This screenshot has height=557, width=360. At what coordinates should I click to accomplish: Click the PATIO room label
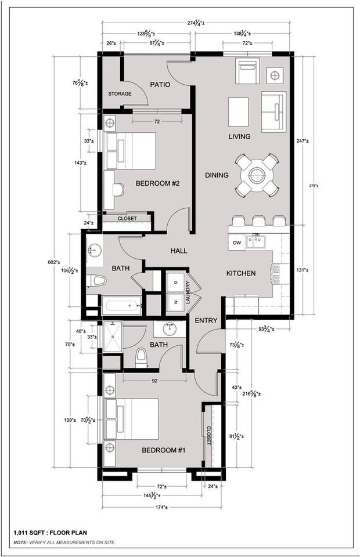point(160,85)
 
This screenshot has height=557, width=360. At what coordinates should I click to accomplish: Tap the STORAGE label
point(120,94)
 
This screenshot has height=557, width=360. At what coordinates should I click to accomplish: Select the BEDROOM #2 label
point(157,184)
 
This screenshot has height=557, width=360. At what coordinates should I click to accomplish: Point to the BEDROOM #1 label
point(164,450)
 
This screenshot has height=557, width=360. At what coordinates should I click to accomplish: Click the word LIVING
point(239,137)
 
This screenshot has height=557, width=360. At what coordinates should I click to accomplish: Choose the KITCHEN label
point(241,273)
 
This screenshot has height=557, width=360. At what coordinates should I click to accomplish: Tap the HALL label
point(179,251)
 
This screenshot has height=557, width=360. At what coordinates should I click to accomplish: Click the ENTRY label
point(206,321)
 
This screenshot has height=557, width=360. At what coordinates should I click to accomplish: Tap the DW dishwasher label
point(237,243)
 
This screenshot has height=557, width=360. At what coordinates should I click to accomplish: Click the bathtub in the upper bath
point(121,306)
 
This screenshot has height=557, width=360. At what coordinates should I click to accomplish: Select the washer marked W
point(175,301)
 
